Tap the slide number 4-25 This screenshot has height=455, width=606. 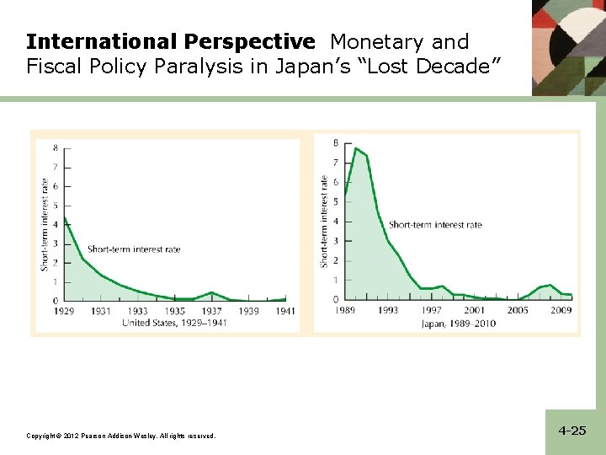(x=571, y=431)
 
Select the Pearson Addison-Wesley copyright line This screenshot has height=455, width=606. (x=121, y=436)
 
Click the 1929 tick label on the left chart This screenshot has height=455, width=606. (x=65, y=311)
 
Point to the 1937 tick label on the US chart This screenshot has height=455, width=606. (x=211, y=311)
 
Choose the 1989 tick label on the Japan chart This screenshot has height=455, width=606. (x=344, y=311)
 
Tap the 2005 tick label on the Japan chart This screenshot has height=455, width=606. (x=517, y=311)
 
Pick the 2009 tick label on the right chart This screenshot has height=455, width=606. (x=561, y=311)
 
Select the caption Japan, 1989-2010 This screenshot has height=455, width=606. (x=459, y=323)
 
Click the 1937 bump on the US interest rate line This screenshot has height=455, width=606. (x=212, y=292)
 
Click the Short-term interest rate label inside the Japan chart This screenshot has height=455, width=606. (x=435, y=224)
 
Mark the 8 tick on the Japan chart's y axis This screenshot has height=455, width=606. (x=337, y=143)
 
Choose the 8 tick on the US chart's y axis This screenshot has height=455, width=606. (x=56, y=147)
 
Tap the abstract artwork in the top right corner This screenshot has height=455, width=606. (x=568, y=46)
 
